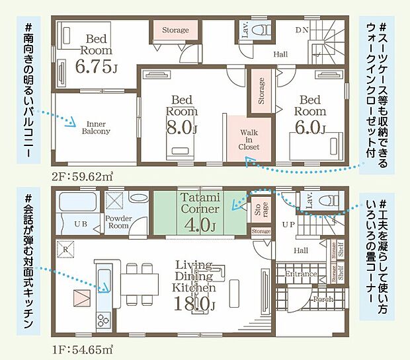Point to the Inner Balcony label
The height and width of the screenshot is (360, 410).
96,127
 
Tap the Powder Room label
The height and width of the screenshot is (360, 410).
118,221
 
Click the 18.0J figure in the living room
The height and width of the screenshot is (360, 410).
195,304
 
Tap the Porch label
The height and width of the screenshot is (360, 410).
323,299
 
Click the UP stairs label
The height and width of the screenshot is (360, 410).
289,225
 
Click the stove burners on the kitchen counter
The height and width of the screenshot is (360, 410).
104,320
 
